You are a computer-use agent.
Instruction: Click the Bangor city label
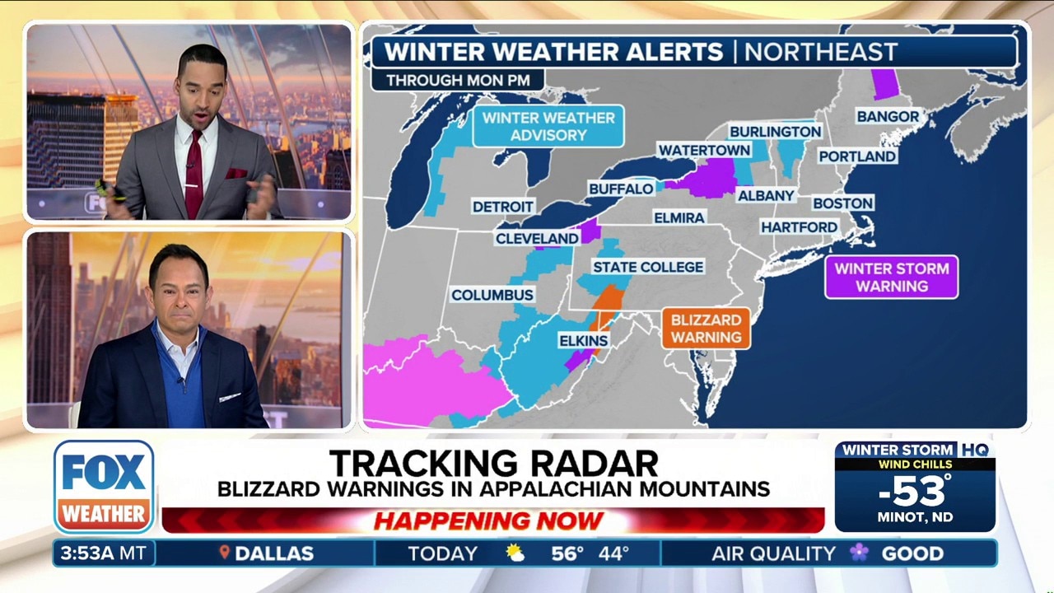coord(888,116)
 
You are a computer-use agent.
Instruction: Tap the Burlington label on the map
coord(775,132)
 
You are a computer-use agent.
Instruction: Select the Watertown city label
coord(703,150)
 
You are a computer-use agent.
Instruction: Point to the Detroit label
coord(503,207)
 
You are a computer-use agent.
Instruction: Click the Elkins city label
coord(583,340)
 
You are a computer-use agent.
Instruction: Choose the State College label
coord(648,267)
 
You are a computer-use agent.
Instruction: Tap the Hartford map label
coord(799,226)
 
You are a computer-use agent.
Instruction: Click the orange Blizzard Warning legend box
coord(706,328)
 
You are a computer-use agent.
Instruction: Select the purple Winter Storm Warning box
coord(891,277)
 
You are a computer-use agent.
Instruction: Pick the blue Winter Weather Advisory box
coord(548,126)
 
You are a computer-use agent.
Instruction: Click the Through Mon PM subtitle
coord(457,81)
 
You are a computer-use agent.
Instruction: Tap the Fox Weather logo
coord(104,487)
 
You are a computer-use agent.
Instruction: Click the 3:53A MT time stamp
coord(103,553)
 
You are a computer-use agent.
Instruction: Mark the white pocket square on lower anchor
coord(230,397)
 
